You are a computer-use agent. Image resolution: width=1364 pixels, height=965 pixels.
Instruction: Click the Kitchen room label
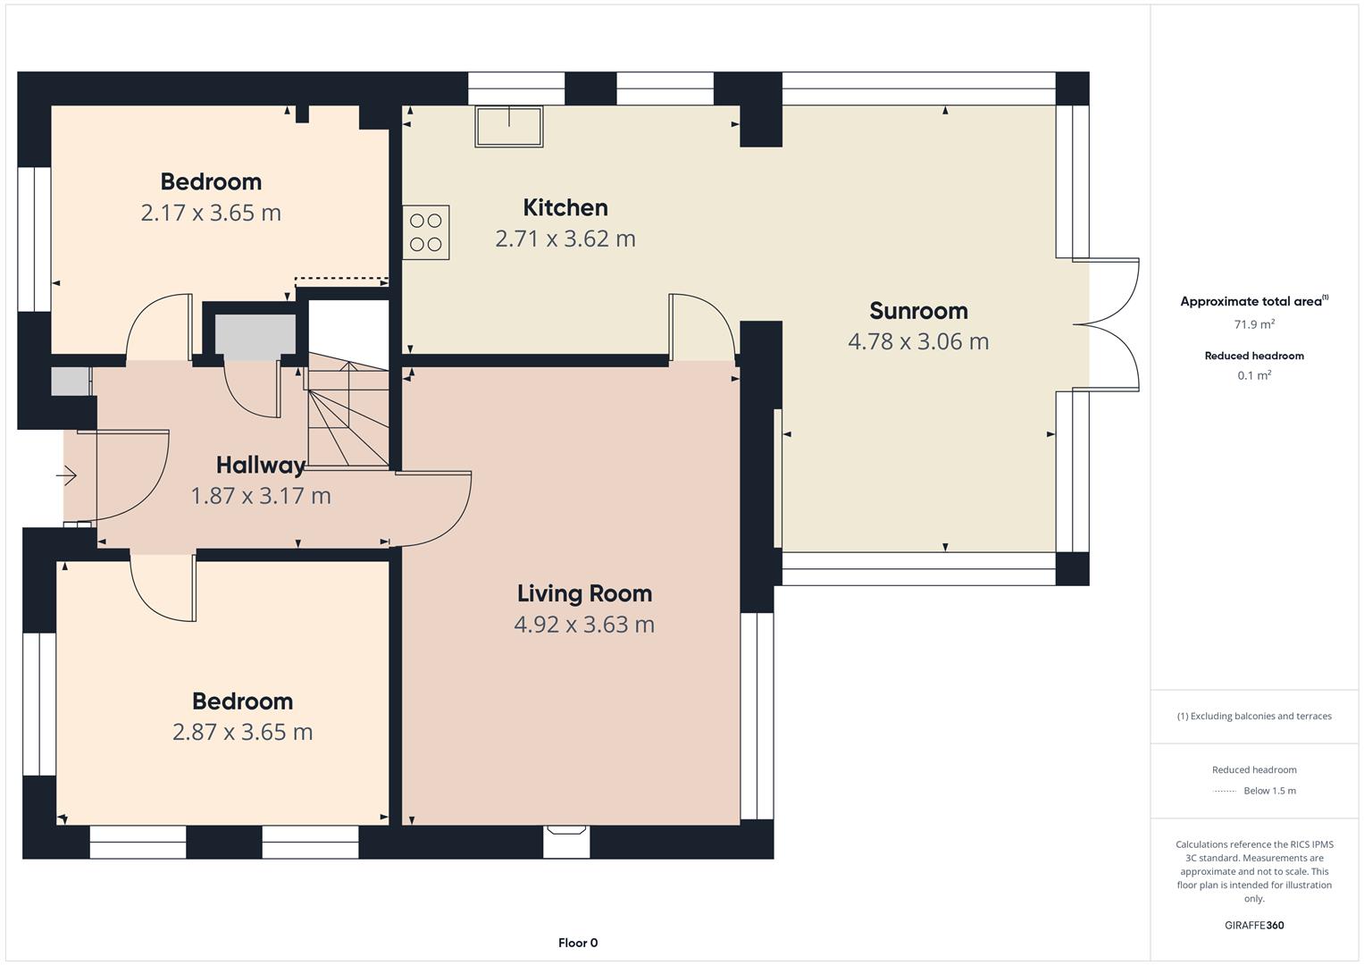pos(565,207)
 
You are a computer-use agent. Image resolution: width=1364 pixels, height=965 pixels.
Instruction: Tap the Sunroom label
pos(918,311)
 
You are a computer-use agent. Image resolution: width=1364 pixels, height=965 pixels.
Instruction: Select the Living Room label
pos(584,593)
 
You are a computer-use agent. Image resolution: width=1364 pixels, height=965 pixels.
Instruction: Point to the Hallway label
pos(261,466)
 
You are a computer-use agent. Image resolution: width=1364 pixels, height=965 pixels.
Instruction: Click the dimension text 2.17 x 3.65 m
pos(211,213)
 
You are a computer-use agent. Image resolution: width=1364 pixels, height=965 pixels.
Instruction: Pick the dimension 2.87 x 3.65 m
pos(242,732)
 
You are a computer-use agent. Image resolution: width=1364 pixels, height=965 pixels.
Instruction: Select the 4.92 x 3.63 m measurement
pos(584,625)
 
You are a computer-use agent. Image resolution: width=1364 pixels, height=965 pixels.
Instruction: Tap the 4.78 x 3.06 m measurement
pos(918,341)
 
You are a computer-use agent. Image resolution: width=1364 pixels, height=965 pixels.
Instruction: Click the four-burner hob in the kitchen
pos(426,232)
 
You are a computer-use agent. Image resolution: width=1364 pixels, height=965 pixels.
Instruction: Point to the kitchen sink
pos(509,127)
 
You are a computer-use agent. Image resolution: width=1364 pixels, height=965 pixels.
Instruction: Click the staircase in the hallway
pos(348,415)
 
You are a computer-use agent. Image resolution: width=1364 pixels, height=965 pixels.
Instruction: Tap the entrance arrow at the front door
pos(66,475)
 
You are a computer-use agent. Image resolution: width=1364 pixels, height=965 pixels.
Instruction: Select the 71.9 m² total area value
pos(1254,324)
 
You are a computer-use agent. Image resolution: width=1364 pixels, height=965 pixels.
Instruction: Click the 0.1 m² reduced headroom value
pos(1254,375)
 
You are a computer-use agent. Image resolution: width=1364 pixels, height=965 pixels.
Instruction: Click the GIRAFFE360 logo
pos(1254,925)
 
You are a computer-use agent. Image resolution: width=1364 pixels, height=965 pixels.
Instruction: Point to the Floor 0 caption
pos(578,943)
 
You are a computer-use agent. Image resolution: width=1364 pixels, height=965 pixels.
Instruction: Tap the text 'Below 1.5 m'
pos(1269,791)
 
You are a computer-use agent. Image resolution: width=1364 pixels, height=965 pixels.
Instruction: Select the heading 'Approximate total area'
pos(1251,301)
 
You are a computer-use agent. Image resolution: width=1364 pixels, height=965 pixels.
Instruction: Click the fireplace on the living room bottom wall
pos(566,842)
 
